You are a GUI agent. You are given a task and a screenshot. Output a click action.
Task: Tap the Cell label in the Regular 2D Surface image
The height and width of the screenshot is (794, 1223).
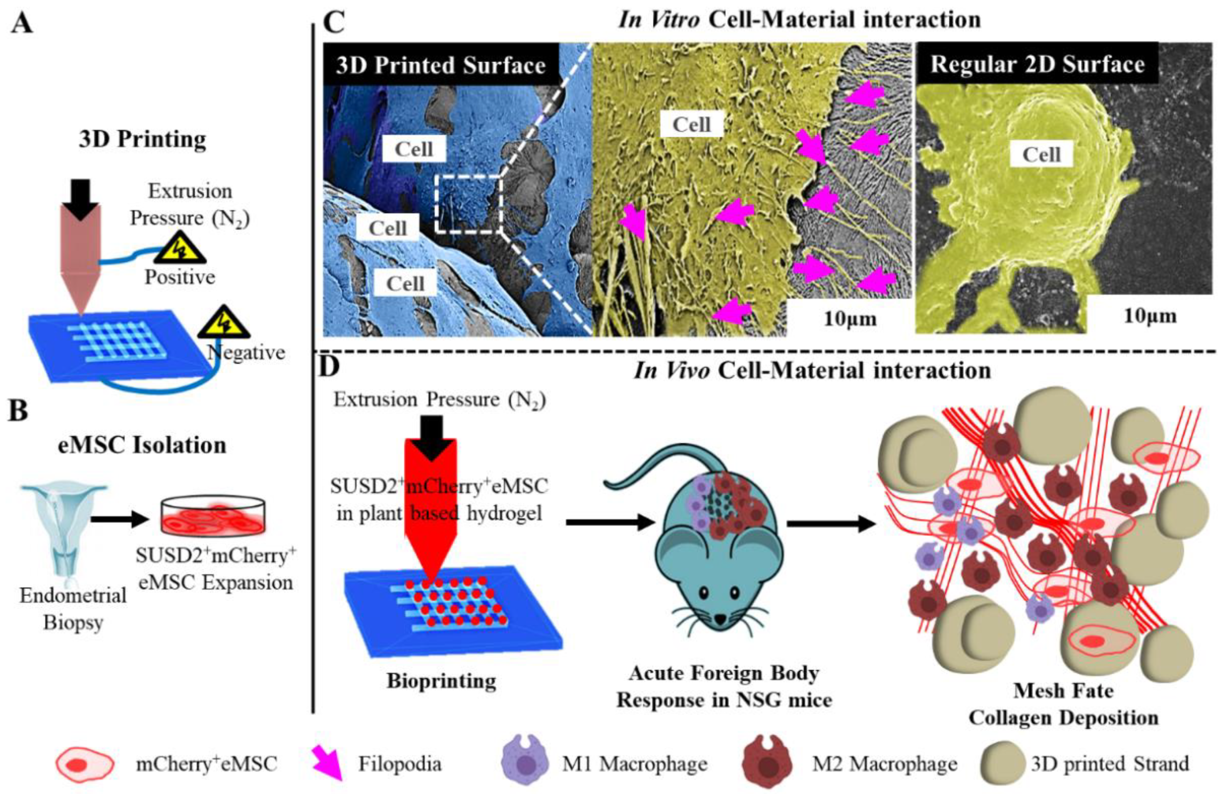[1041, 155]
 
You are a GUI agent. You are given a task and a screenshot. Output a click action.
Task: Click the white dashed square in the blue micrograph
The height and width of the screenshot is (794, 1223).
[468, 204]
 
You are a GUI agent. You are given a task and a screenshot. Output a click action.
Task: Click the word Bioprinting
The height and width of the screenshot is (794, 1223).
[442, 682]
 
